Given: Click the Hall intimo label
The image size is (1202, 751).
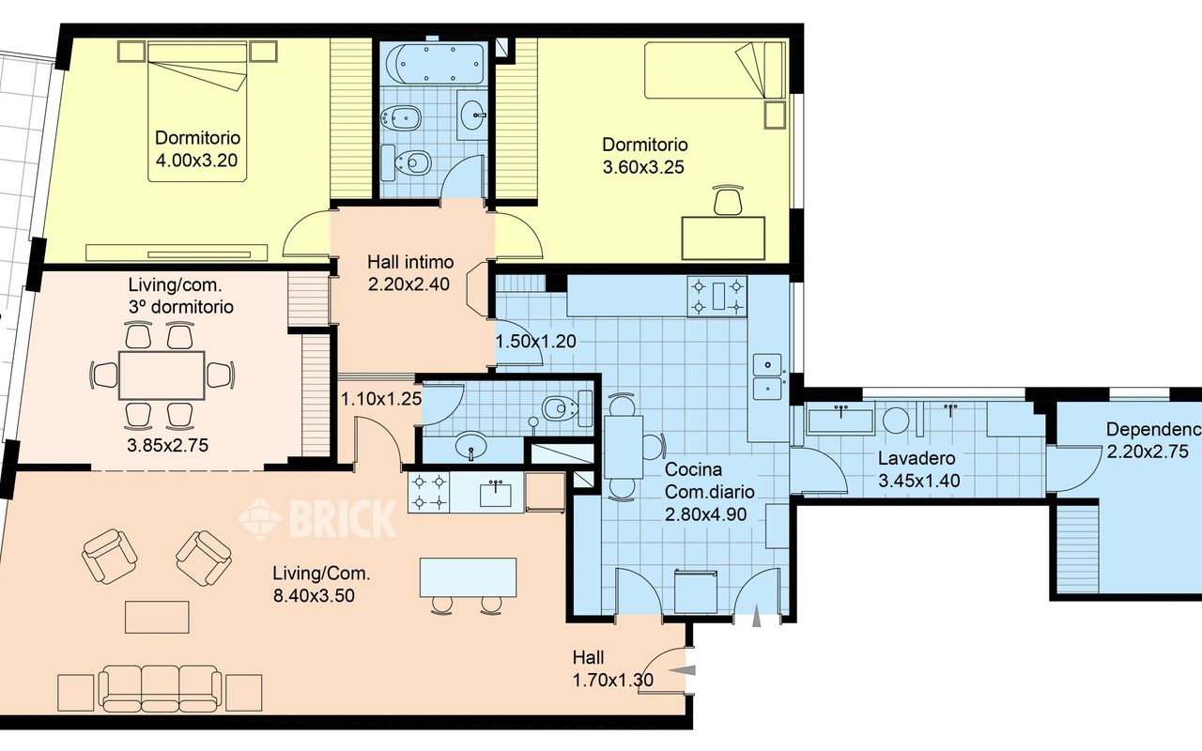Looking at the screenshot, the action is pos(410,262).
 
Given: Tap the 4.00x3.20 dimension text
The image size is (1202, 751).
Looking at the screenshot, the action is pos(196,161).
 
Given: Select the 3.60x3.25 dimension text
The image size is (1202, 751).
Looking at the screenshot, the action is pos(643,167).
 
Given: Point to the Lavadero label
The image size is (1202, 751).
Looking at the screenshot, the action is pos(917,458).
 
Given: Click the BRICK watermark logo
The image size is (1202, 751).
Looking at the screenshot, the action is pos(317,517).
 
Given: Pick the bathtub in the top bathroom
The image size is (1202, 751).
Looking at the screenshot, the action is pos(434,63).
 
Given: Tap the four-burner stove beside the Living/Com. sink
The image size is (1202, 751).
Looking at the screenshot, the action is pos(429,493).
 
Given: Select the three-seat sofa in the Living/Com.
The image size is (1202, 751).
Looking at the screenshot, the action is pos(161,689).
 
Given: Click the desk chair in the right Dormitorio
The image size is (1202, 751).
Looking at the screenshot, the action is pos(728,200).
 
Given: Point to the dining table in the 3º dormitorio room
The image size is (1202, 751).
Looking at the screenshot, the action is pos(162,375).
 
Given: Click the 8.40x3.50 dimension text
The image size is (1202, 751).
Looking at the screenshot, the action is pos(314,596).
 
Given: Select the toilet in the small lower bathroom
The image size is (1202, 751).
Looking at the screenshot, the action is pos(561,408).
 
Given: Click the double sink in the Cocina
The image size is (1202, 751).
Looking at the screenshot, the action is pos(768,376).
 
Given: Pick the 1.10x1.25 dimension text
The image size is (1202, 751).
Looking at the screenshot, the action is pos(381,399).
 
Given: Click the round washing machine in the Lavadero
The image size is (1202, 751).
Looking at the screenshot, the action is pos(896,420).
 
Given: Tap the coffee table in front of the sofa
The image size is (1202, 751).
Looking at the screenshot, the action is pos(157,617).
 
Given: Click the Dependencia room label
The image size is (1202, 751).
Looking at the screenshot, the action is pos(1154,429).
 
